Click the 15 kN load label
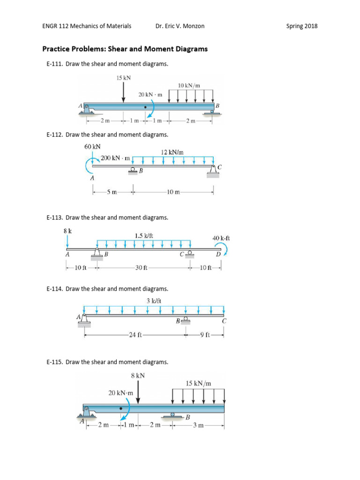pos(123,78)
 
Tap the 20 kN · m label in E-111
pos(150,94)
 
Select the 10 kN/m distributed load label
pos(189,85)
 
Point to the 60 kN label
pos(92,146)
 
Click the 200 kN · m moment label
pos(115,158)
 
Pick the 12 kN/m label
pos(172,152)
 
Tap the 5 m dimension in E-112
pos(112,191)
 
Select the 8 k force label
pos(67,230)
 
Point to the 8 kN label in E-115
pos(138,375)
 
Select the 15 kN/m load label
pos(199,383)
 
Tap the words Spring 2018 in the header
pos(301,26)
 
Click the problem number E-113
pos(55,217)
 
